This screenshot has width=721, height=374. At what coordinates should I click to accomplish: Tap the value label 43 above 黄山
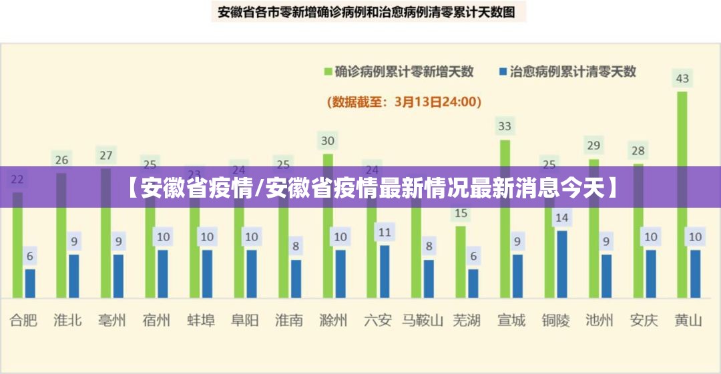(x=682, y=79)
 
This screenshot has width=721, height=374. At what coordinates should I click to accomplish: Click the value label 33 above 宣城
(x=505, y=126)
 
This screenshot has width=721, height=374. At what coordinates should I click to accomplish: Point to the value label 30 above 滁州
(x=328, y=141)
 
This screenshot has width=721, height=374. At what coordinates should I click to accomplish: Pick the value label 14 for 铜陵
(x=562, y=217)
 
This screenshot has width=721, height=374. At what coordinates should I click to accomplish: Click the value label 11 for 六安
(x=385, y=232)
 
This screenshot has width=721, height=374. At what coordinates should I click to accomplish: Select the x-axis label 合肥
(x=23, y=321)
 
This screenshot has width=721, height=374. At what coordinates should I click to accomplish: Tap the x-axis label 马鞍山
(x=423, y=321)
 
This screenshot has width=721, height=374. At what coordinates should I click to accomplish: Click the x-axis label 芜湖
(x=467, y=321)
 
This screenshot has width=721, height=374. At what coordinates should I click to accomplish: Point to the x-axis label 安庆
(x=644, y=321)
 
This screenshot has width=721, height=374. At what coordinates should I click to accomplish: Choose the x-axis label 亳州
(x=112, y=321)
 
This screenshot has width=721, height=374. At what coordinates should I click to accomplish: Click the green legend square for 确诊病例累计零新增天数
(x=328, y=71)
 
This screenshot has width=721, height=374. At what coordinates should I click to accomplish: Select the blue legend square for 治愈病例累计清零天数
(x=503, y=71)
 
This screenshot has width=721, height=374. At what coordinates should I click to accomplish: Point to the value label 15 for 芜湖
(x=461, y=214)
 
